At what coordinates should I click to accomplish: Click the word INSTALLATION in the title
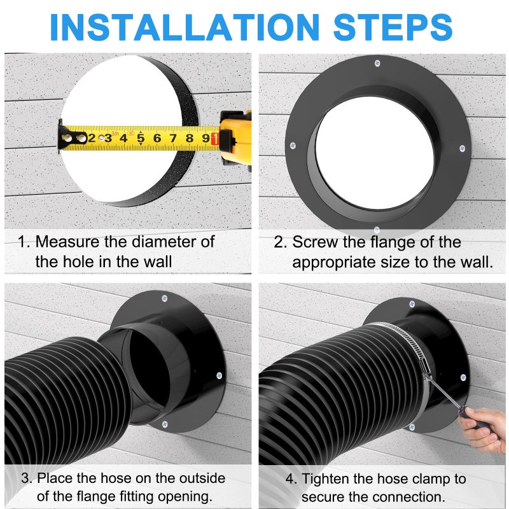pyautogui.click(x=185, y=26)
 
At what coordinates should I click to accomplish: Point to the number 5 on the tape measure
pyautogui.click(x=141, y=137)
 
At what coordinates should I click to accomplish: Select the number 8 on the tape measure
pyautogui.click(x=189, y=137)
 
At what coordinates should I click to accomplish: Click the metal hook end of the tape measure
pyautogui.click(x=64, y=136)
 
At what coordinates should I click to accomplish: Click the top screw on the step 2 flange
pyautogui.click(x=377, y=63)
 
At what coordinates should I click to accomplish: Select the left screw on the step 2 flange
pyautogui.click(x=293, y=145)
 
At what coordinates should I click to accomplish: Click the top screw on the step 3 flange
pyautogui.click(x=165, y=298)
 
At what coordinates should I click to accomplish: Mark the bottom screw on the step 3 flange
pyautogui.click(x=164, y=424)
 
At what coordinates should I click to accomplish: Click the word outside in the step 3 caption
pyautogui.click(x=200, y=478)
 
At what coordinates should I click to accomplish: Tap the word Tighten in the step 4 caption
pyautogui.click(x=329, y=478)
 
